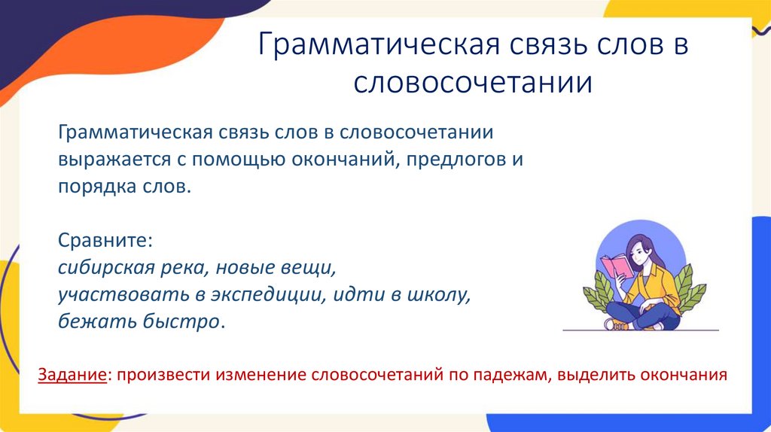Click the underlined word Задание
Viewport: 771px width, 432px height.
tap(72, 374)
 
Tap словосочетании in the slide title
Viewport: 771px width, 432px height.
tap(474, 82)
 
